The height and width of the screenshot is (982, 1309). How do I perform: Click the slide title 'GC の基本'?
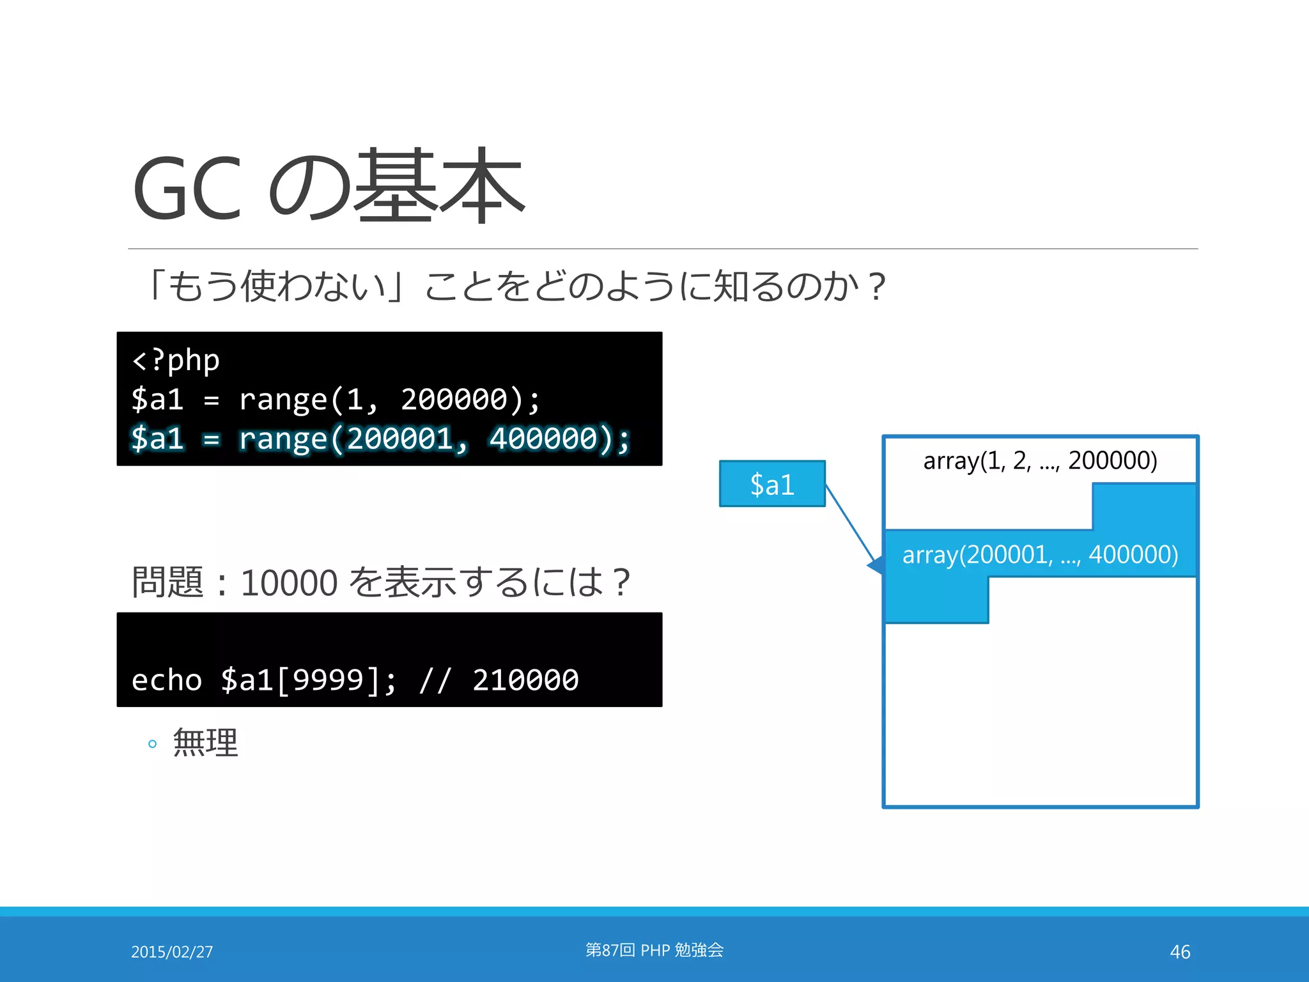328,187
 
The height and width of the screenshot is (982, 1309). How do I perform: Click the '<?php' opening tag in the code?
175,360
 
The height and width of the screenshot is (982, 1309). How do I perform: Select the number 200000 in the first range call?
453,400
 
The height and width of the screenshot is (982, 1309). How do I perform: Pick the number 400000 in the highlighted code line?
543,439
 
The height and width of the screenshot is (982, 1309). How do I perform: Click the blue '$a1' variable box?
772,484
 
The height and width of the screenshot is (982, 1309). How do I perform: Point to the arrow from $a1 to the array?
850,524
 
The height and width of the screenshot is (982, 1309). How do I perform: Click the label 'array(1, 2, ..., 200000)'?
1040,460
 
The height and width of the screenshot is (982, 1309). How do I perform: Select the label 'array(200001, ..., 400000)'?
1040,554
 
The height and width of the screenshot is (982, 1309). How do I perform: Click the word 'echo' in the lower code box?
166,680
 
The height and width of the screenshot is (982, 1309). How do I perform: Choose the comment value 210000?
525,680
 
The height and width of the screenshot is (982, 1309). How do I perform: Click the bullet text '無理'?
205,743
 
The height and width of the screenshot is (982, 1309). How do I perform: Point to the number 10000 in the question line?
289,582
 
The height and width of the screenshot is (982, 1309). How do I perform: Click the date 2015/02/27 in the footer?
172,952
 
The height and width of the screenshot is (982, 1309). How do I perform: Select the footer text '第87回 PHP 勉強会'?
654,950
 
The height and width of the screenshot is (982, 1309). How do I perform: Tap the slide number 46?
1180,952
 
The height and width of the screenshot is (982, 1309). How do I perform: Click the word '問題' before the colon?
167,582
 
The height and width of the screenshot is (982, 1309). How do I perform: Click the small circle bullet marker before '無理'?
152,744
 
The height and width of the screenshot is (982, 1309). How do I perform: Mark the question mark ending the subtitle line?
878,286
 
